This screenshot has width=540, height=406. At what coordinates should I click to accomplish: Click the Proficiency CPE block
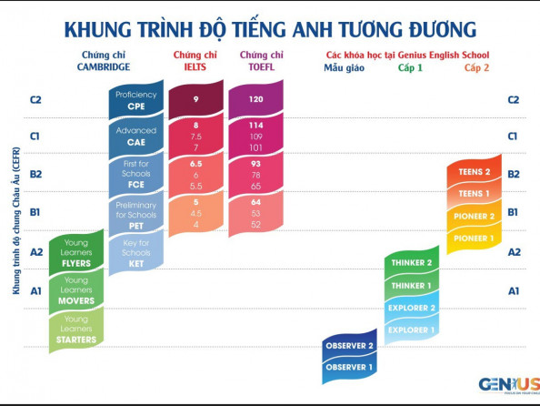coord(136,100)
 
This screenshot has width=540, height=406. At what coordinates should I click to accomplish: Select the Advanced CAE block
coord(136,137)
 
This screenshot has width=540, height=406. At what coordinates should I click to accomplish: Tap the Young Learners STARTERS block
coord(76,330)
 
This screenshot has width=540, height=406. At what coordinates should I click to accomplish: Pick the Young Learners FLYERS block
coord(76,253)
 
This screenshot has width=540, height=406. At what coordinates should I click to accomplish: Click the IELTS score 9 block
coord(196,100)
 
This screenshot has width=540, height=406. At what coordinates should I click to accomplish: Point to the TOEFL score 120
coord(255,99)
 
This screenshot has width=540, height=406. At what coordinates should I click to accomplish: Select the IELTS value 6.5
coord(196,164)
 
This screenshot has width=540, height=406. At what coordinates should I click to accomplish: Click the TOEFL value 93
coord(255,164)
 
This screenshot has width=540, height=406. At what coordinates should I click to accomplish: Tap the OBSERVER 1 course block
coord(349,368)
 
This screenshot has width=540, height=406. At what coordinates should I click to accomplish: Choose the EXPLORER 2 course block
coord(412,308)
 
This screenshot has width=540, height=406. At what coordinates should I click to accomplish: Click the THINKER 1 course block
coord(412,286)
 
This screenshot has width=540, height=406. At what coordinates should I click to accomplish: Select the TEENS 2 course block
coord(474,172)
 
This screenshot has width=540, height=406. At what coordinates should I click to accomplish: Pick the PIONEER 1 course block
coord(474,239)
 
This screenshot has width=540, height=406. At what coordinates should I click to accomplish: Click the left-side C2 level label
coord(35,100)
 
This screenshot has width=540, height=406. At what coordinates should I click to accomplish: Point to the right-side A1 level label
coord(514,291)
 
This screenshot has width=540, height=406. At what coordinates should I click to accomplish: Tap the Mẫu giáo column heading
coord(344,67)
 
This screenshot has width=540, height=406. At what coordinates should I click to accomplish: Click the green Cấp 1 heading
coord(410,67)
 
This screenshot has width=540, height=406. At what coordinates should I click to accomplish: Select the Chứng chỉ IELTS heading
coord(195,61)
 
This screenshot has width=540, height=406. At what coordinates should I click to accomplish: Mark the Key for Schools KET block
coord(136,253)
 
